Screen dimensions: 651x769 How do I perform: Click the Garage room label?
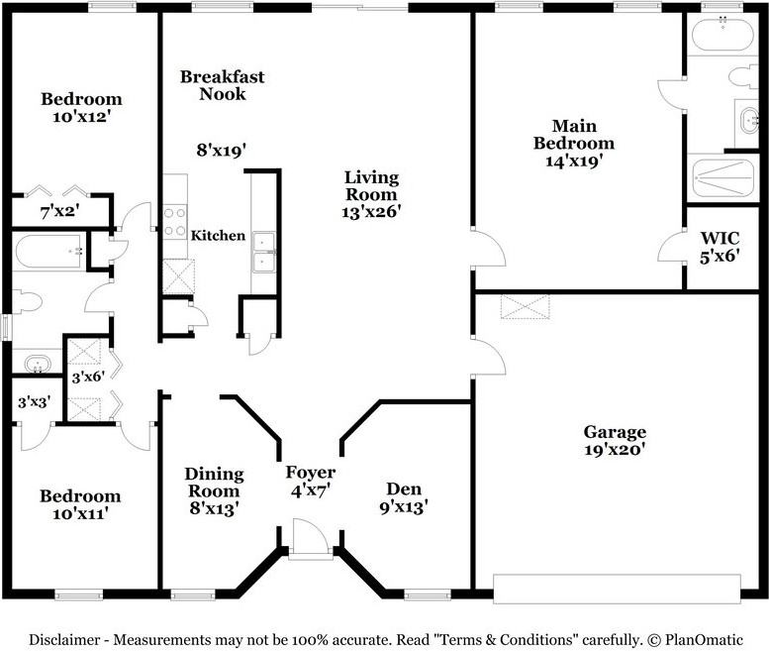click(x=614, y=432)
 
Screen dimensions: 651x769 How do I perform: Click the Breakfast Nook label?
click(x=222, y=85)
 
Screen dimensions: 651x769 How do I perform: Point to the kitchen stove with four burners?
click(x=175, y=221)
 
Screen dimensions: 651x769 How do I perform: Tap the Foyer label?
click(x=310, y=473)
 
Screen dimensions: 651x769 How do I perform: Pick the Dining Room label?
click(x=212, y=483)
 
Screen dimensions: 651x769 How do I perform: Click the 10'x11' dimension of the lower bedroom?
click(x=80, y=513)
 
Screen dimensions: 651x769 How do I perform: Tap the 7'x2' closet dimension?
click(x=59, y=210)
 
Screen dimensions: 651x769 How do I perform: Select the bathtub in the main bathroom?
click(x=721, y=37)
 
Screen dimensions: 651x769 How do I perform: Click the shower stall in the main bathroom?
click(x=721, y=179)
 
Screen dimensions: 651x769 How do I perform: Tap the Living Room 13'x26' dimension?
click(x=371, y=211)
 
